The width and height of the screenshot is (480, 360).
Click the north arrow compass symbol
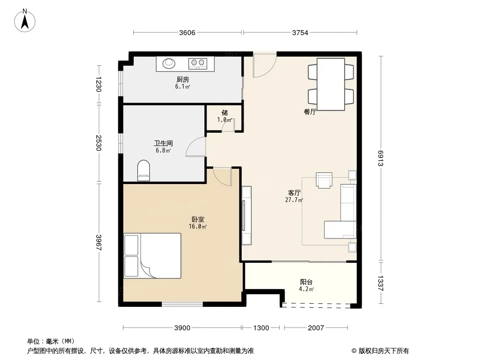pos(25,21)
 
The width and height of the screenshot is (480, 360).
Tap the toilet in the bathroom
pos(144,171)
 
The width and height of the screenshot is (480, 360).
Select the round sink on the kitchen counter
pos(169,63)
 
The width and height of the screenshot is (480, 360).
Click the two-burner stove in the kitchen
pos(198,63)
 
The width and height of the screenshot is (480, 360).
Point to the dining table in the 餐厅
pos(331,84)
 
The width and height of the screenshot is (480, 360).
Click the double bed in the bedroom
pos(152,256)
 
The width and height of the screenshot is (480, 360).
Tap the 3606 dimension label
pos(187,33)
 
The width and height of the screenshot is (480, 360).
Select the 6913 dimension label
pos(380,158)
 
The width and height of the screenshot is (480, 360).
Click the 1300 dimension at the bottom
pos(261,328)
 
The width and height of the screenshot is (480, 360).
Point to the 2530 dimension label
pos(98,143)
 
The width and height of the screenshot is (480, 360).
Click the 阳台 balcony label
pos(306,282)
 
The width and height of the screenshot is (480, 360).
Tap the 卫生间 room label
pos(163,143)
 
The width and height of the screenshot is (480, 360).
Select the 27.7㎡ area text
pos(294,200)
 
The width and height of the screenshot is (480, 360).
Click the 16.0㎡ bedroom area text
pos(198,227)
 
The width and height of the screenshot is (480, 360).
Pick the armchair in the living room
pos(324,180)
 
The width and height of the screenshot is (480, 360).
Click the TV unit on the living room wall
pos(246,216)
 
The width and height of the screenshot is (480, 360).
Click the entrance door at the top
pos(264,65)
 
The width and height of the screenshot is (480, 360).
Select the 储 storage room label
pos(225,113)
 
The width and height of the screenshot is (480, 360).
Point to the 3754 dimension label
pos(300,33)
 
